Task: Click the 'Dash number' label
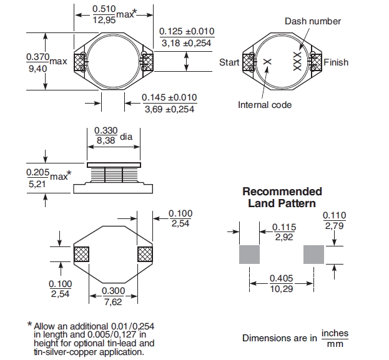click(313, 21)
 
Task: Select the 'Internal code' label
click(265, 105)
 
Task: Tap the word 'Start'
click(229, 62)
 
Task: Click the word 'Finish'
click(336, 62)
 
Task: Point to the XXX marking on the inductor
click(298, 61)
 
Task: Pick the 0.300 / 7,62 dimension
click(112, 296)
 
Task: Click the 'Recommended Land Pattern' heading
click(282, 197)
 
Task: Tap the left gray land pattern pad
click(249, 255)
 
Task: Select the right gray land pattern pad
click(314, 255)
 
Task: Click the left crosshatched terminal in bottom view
click(82, 254)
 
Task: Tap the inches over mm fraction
click(334, 339)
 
